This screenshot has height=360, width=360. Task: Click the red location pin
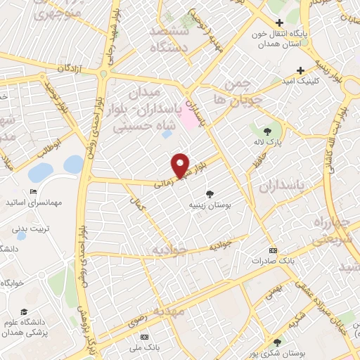pos(181,165)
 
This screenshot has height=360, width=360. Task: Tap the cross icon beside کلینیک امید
pos(300,70)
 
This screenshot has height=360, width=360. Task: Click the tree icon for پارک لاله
pos(267,131)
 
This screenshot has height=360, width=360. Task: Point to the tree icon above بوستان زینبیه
pos(210,193)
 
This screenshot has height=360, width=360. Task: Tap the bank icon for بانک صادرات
pos(273,251)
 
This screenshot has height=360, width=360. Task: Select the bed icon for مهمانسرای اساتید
pos(33,192)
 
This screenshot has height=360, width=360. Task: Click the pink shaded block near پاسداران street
pos(189,115)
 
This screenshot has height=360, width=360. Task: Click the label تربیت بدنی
pos(28,229)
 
